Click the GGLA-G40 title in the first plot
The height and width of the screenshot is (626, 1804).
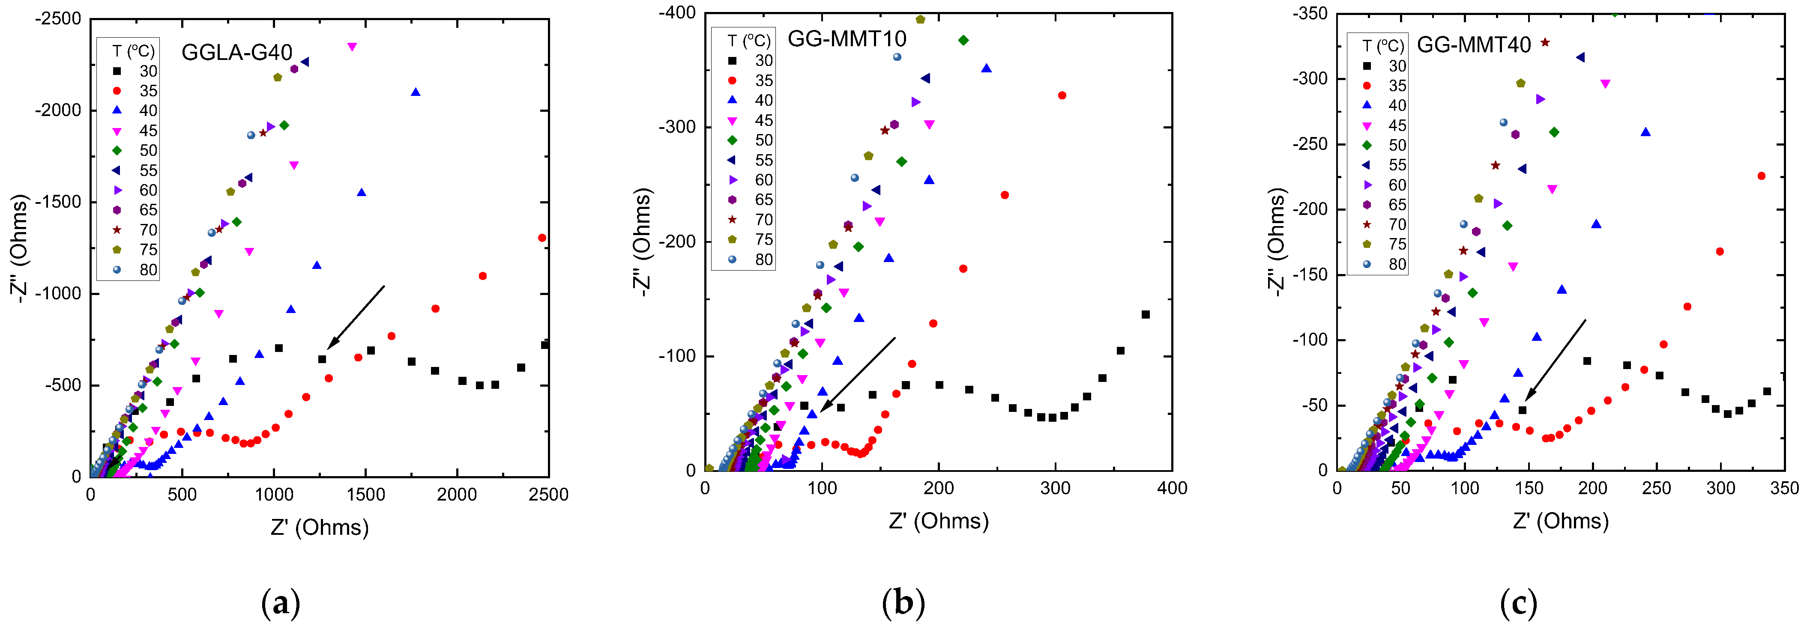click(237, 53)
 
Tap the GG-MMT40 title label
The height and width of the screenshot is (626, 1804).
click(1473, 45)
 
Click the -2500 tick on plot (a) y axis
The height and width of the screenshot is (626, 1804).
click(58, 19)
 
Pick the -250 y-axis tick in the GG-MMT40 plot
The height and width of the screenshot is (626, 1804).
click(1310, 144)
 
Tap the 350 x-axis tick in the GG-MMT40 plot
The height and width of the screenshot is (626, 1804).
click(1784, 488)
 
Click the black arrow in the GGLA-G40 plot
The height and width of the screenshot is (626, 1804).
click(356, 316)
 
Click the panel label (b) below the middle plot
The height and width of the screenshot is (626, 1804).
click(903, 602)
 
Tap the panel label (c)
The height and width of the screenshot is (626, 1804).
click(1518, 602)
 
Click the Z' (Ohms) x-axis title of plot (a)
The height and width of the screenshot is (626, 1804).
click(319, 527)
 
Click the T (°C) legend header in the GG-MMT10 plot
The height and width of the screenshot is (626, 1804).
click(748, 41)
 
